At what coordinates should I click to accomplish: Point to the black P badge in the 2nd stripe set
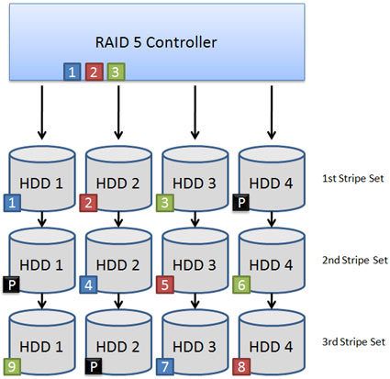pos(11,284)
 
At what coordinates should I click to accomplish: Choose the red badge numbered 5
pos(166,284)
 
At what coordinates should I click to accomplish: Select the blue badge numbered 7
pos(166,367)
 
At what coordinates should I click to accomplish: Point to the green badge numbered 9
pos(11,367)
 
